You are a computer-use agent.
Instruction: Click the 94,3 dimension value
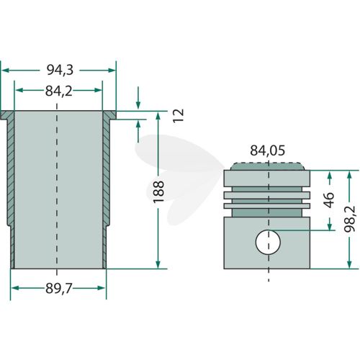(x=60, y=70)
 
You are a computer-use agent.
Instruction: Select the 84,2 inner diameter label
(x=59, y=91)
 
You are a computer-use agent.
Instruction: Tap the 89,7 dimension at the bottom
(x=59, y=289)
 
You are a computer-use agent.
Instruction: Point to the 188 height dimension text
(x=158, y=192)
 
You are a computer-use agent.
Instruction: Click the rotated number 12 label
(x=179, y=116)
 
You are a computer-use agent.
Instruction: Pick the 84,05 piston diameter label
(x=268, y=150)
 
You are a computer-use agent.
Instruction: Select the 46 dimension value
(x=329, y=200)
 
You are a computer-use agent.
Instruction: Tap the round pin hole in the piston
(x=268, y=243)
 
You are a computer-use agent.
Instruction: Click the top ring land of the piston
(x=267, y=178)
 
